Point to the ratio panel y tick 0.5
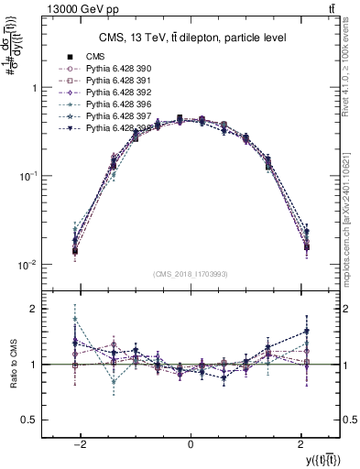coord(29,420)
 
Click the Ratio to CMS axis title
coord(10,365)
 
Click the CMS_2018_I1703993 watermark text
coord(190,272)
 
